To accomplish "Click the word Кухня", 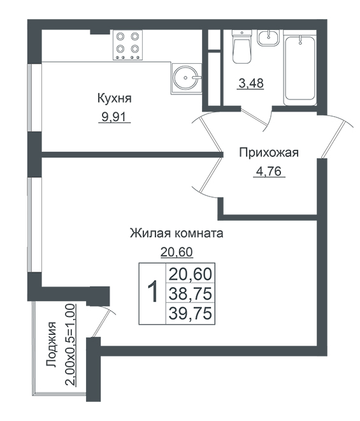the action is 114,98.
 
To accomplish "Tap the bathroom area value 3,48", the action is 251,83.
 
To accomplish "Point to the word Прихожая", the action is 269,153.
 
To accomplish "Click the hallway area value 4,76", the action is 269,171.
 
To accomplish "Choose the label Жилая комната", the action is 176,233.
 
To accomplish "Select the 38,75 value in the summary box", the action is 191,293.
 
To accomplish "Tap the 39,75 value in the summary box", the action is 191,313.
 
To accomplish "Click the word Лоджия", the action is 52,344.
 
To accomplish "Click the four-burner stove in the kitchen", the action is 127,45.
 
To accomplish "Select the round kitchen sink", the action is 186,78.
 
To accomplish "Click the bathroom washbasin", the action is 268,38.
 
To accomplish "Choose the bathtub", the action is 300,68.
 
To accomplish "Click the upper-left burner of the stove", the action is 120,36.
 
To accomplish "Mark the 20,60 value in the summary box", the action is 191,274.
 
